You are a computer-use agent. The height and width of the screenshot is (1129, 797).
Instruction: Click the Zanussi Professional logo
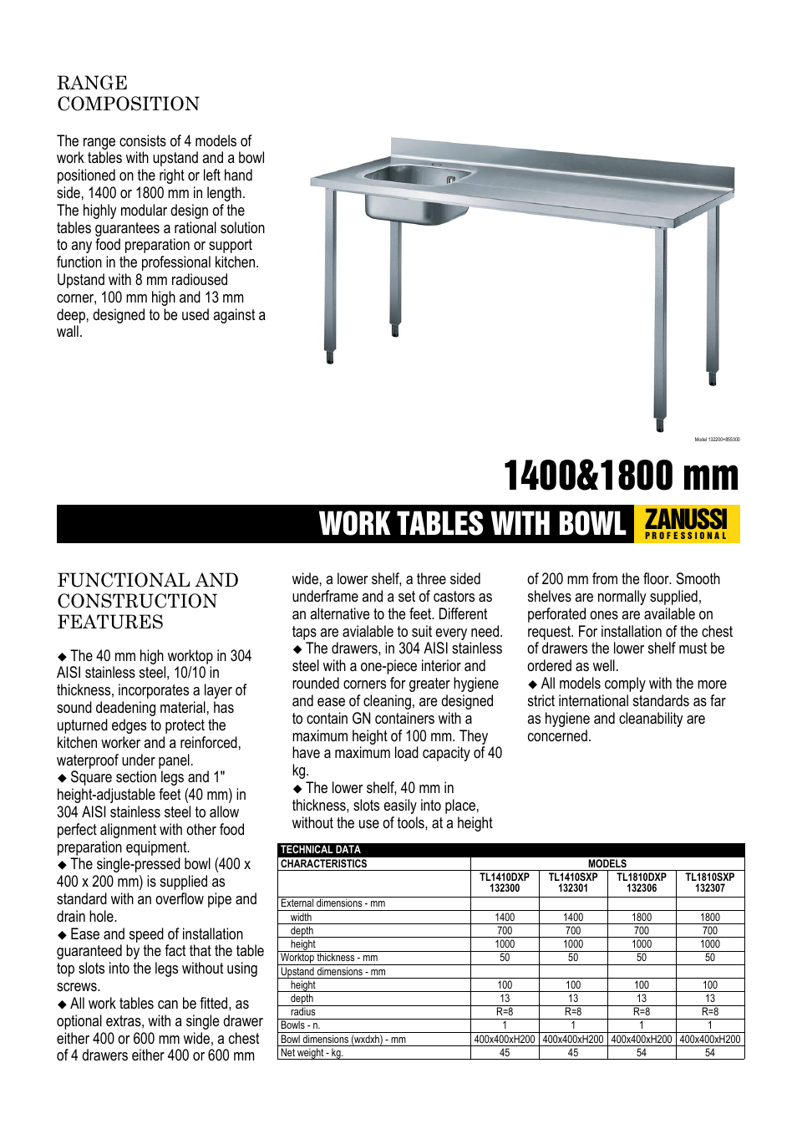point(687,524)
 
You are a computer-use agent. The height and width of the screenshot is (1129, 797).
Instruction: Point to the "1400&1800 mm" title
point(621,476)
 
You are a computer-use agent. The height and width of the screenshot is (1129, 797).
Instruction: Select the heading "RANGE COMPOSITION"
point(128,94)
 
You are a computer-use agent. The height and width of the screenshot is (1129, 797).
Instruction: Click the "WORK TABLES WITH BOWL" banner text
point(472,525)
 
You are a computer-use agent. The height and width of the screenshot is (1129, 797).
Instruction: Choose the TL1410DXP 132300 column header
point(505,883)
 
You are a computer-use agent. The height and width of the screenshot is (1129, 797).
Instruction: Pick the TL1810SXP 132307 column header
point(709,883)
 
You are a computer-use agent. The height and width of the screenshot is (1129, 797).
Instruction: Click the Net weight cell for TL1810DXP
point(641,1053)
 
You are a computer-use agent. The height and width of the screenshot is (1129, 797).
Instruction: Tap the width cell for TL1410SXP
point(573,918)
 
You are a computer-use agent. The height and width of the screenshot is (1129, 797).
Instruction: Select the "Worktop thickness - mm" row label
point(329,958)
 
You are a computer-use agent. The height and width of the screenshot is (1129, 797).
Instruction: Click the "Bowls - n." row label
point(301,1025)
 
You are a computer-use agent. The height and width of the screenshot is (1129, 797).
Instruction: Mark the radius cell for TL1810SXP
point(709,1012)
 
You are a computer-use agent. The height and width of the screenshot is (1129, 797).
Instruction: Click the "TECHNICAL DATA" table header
point(321,850)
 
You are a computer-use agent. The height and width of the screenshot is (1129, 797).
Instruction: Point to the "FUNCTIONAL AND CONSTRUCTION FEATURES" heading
point(148,601)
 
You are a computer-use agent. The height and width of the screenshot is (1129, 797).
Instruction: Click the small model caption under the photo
point(717,440)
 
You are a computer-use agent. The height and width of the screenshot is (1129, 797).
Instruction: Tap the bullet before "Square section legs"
point(62,778)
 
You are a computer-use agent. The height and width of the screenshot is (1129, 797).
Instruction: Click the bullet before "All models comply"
point(532,684)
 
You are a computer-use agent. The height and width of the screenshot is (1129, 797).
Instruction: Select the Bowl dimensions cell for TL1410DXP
point(505,1040)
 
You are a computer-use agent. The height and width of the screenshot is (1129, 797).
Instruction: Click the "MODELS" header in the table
point(607,864)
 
